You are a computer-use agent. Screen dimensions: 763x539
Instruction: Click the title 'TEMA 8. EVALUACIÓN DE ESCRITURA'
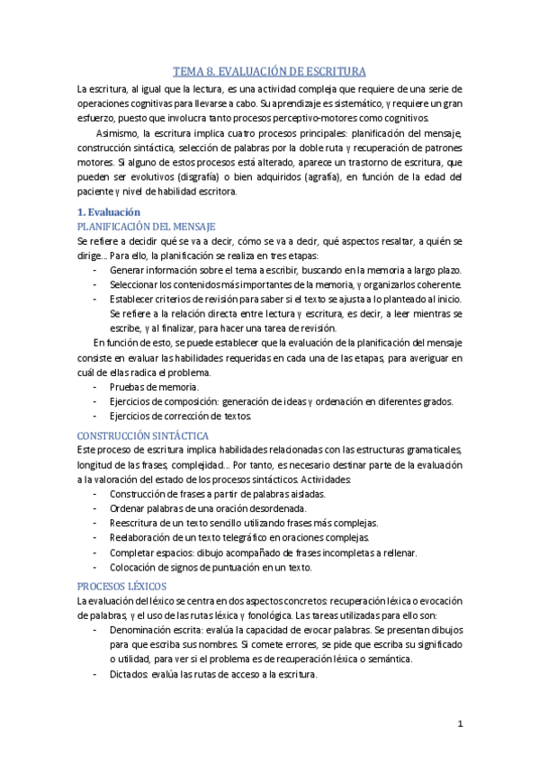click(269, 72)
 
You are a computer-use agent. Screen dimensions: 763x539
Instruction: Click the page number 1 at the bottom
click(460, 723)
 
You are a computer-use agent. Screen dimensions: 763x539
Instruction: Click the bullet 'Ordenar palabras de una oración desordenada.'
click(210, 508)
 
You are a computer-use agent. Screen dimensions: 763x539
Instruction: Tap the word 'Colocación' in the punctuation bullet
click(133, 567)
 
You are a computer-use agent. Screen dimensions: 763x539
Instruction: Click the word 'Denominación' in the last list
click(139, 630)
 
